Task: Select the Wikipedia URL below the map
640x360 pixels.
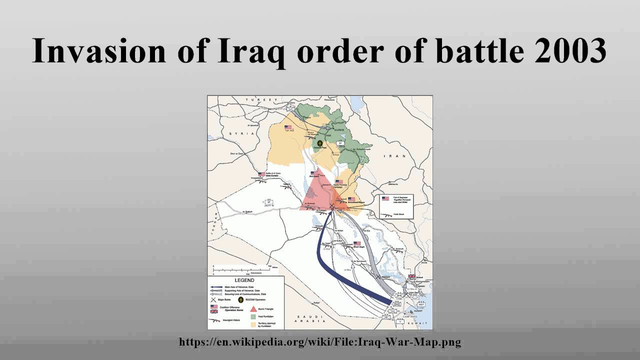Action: point(320,342)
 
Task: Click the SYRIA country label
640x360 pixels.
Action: point(238,134)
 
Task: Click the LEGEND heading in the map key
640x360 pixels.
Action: point(244,280)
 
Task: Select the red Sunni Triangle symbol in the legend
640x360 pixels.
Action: point(253,308)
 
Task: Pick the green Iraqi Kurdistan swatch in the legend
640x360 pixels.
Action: point(253,316)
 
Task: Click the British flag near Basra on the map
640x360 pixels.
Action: point(411,276)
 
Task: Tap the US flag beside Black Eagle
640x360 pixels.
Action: point(356,243)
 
